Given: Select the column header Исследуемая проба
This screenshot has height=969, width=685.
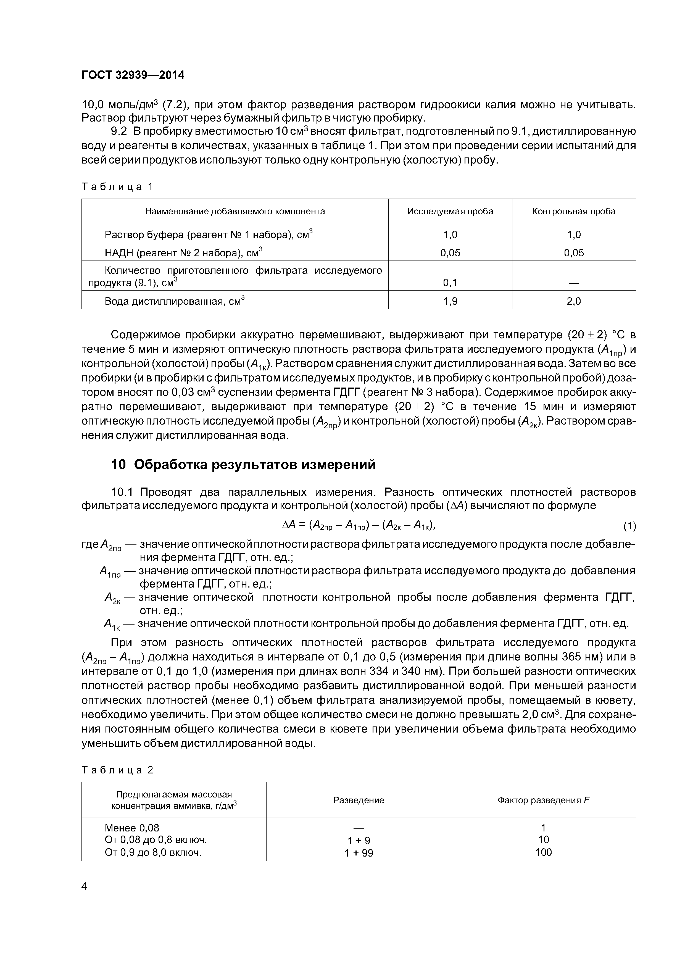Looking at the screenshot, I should tap(450, 211).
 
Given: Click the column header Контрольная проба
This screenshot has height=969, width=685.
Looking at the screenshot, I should tap(574, 211).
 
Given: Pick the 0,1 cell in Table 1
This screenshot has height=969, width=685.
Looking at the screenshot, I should tap(450, 282).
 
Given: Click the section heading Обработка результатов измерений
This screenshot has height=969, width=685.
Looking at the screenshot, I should tap(254, 465).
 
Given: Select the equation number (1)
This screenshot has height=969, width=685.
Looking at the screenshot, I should tap(629, 526).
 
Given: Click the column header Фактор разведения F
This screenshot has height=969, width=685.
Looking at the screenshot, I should tap(543, 800).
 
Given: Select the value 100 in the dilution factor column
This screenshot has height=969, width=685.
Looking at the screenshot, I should tap(543, 852).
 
